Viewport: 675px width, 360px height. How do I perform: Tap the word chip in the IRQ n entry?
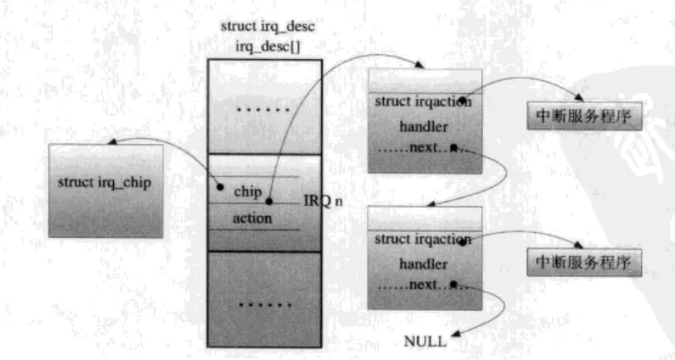248,191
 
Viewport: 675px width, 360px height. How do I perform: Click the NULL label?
425,341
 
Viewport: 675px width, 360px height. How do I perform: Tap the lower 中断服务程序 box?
585,264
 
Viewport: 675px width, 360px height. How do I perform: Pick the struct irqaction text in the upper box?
424,102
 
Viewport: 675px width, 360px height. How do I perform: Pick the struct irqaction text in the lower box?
424,239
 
